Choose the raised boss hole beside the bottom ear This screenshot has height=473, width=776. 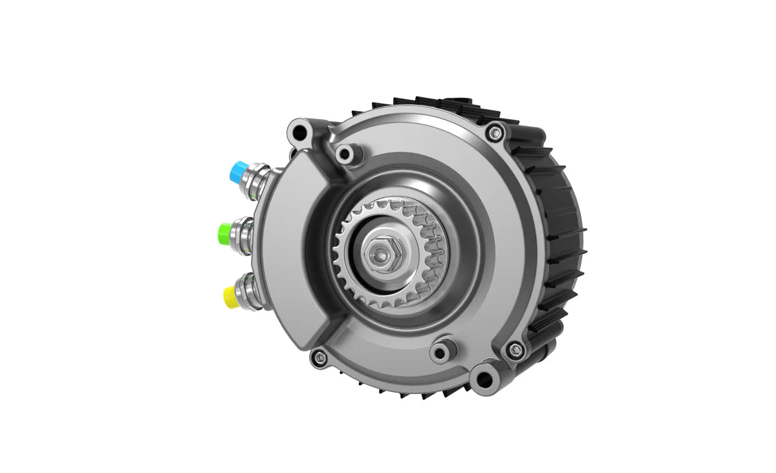click(442, 351)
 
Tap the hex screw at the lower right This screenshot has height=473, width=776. click(514, 350)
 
